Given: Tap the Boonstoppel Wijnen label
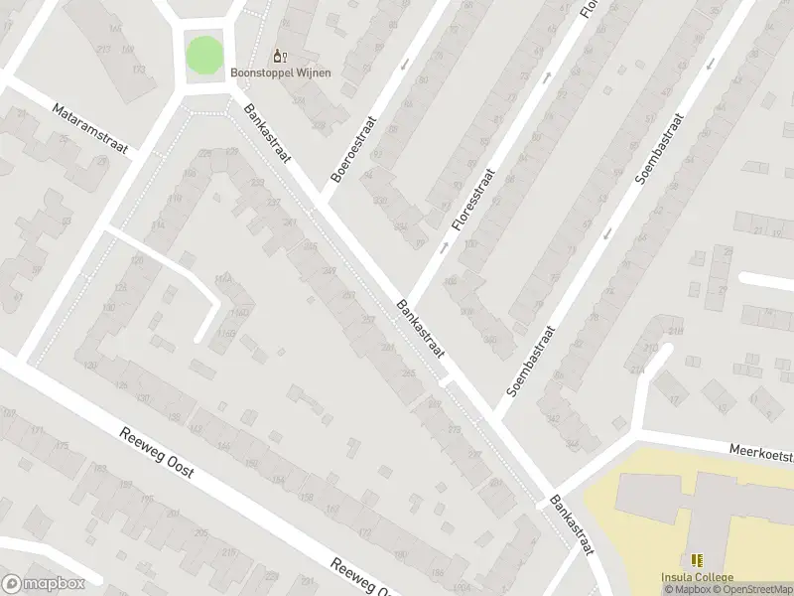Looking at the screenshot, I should [x=281, y=72].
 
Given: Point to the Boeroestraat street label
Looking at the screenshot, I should [x=354, y=148].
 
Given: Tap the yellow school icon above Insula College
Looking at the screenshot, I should [x=697, y=561].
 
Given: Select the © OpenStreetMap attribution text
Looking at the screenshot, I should [x=750, y=590].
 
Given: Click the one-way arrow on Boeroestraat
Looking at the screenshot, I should [x=404, y=66].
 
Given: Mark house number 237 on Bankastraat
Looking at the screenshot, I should [x=275, y=203].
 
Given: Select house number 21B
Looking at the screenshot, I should [x=676, y=331].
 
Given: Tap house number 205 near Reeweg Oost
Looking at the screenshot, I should [x=201, y=533].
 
